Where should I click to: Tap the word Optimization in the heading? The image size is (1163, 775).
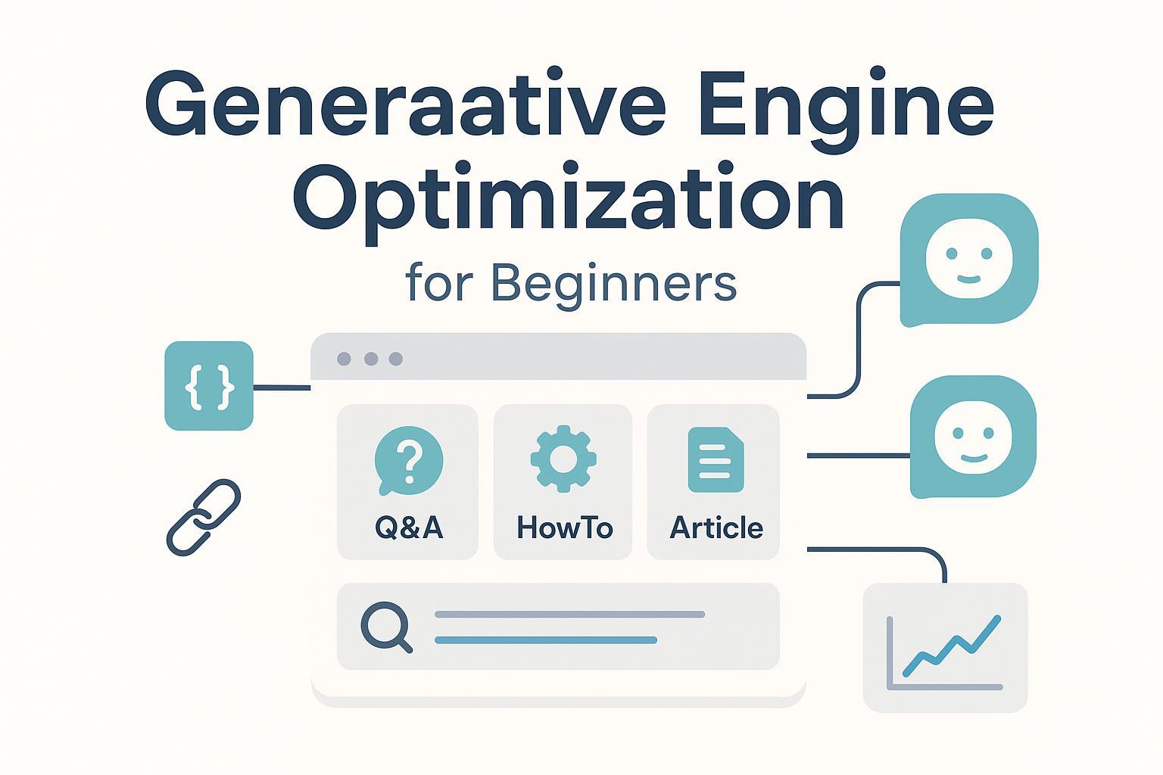569,199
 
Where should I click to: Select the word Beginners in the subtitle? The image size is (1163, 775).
614,285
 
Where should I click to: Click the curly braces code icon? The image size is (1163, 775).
209,386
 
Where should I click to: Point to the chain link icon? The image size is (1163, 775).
204,518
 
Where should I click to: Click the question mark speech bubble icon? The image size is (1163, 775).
409,460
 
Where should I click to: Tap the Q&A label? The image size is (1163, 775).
409,528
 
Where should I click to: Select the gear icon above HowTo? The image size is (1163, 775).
563,459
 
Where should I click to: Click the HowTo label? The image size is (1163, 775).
565,528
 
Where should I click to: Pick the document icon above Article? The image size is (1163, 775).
716,460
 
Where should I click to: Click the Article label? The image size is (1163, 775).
716,528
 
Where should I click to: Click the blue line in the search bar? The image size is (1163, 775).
546,640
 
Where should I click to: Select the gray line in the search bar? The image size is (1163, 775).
569,615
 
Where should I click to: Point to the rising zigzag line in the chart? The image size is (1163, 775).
952,646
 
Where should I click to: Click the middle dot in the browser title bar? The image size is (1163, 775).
371,359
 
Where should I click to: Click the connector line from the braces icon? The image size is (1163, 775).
282,387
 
